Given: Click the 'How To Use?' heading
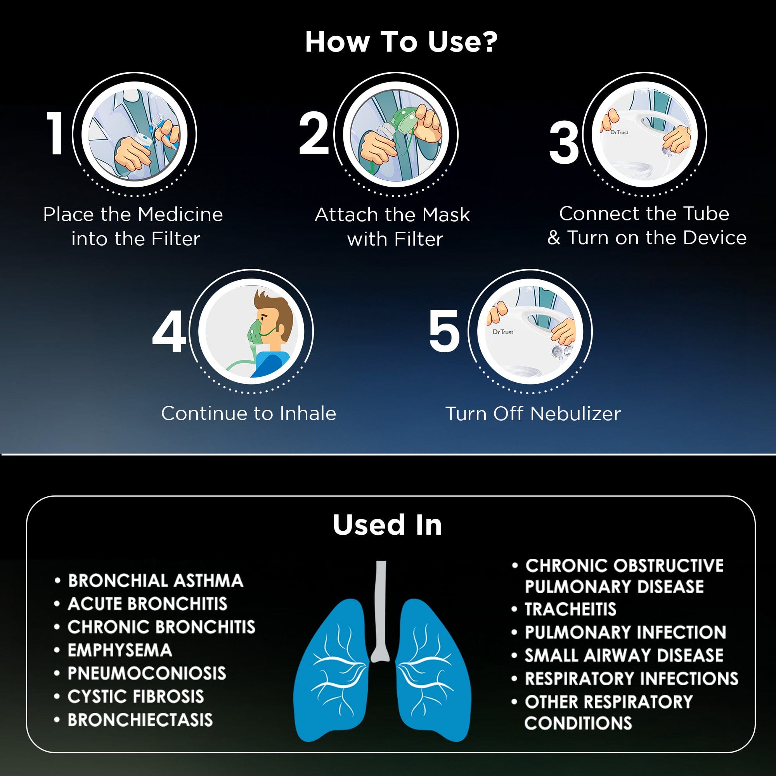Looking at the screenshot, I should pyautogui.click(x=401, y=42).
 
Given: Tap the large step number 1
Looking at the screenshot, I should pyautogui.click(x=55, y=133).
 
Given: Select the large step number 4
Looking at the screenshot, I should pyautogui.click(x=169, y=332).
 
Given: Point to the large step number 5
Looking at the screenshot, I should pyautogui.click(x=444, y=331).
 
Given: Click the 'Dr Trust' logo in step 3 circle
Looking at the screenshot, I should pyautogui.click(x=619, y=132).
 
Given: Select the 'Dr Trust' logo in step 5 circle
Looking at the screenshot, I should pyautogui.click(x=503, y=332).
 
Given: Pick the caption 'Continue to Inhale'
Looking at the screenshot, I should pyautogui.click(x=249, y=413).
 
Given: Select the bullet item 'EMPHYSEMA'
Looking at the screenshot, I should pyautogui.click(x=120, y=650).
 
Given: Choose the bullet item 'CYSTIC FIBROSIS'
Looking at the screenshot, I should pyautogui.click(x=136, y=696).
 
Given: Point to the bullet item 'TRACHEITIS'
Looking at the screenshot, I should pyautogui.click(x=570, y=609).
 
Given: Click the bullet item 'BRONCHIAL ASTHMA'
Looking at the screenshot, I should pyautogui.click(x=156, y=581).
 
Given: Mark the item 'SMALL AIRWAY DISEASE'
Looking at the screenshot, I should pyautogui.click(x=624, y=655).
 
